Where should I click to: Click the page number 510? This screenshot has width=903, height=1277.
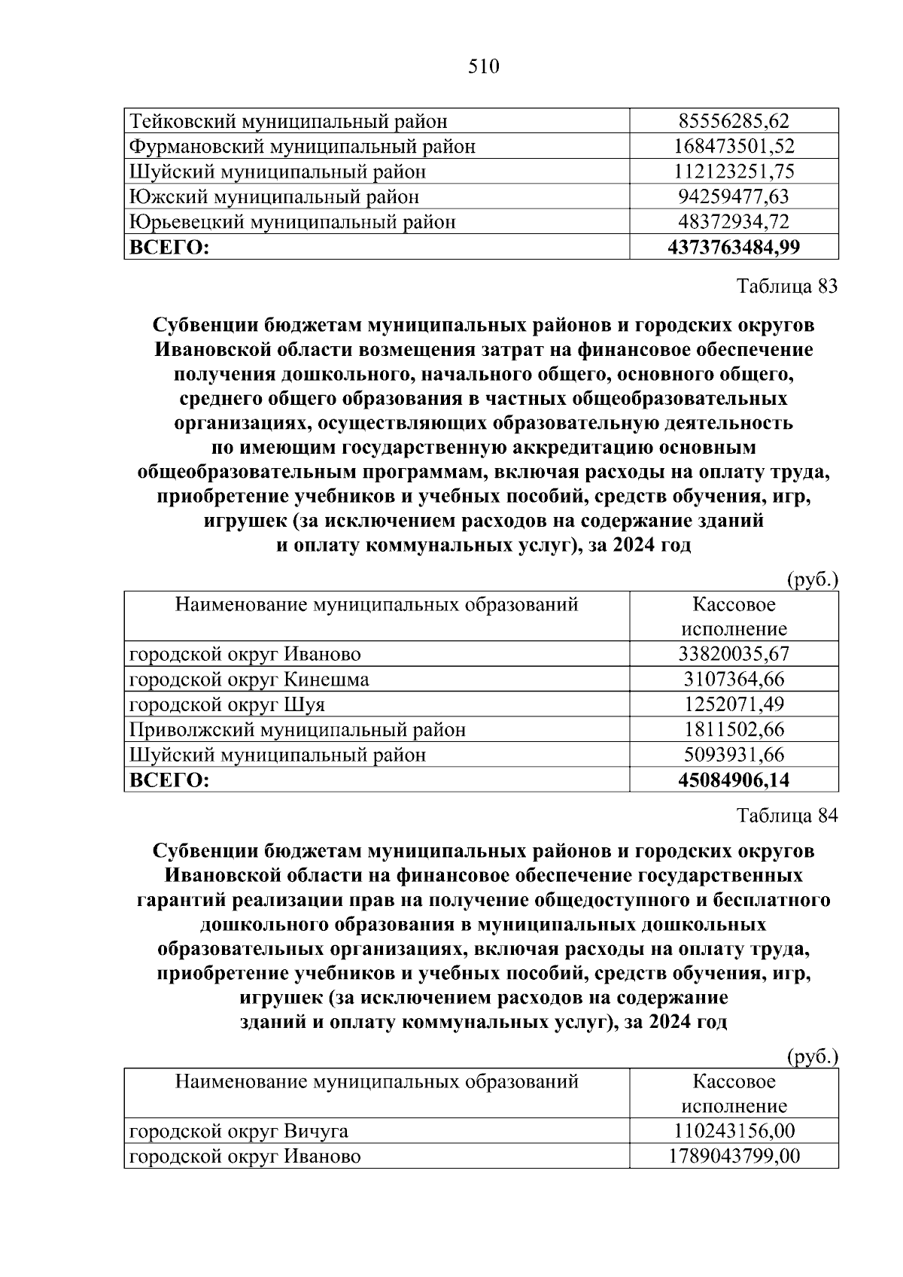pos(483,67)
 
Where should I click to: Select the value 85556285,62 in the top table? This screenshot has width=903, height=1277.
pos(733,120)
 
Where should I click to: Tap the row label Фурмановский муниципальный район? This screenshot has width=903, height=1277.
pos(303,146)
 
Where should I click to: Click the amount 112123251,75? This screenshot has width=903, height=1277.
pos(733,172)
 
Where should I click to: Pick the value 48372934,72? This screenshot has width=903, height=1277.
pos(733,222)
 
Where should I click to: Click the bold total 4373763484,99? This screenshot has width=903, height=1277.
pos(733,247)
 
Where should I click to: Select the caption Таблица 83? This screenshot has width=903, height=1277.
pos(787,287)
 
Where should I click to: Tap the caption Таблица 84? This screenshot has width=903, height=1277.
pos(787,816)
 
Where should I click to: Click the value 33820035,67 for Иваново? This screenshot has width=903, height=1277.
pos(733,654)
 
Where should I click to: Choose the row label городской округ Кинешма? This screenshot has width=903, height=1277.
pos(249,680)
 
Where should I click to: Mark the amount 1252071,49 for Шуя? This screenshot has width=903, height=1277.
pos(733,704)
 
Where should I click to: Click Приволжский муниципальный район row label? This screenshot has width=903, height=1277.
pos(297,730)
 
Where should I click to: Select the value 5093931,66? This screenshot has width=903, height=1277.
pos(733,755)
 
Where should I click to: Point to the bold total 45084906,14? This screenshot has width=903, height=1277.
pos(733,780)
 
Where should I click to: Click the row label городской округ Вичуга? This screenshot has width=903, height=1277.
pos(239,1131)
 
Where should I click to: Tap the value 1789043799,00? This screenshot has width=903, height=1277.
pos(733,1156)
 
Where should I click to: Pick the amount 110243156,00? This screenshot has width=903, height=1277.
pos(733,1131)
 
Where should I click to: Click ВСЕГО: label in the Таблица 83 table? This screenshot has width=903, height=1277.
pos(169,780)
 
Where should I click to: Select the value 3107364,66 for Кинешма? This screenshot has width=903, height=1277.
pos(733,680)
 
